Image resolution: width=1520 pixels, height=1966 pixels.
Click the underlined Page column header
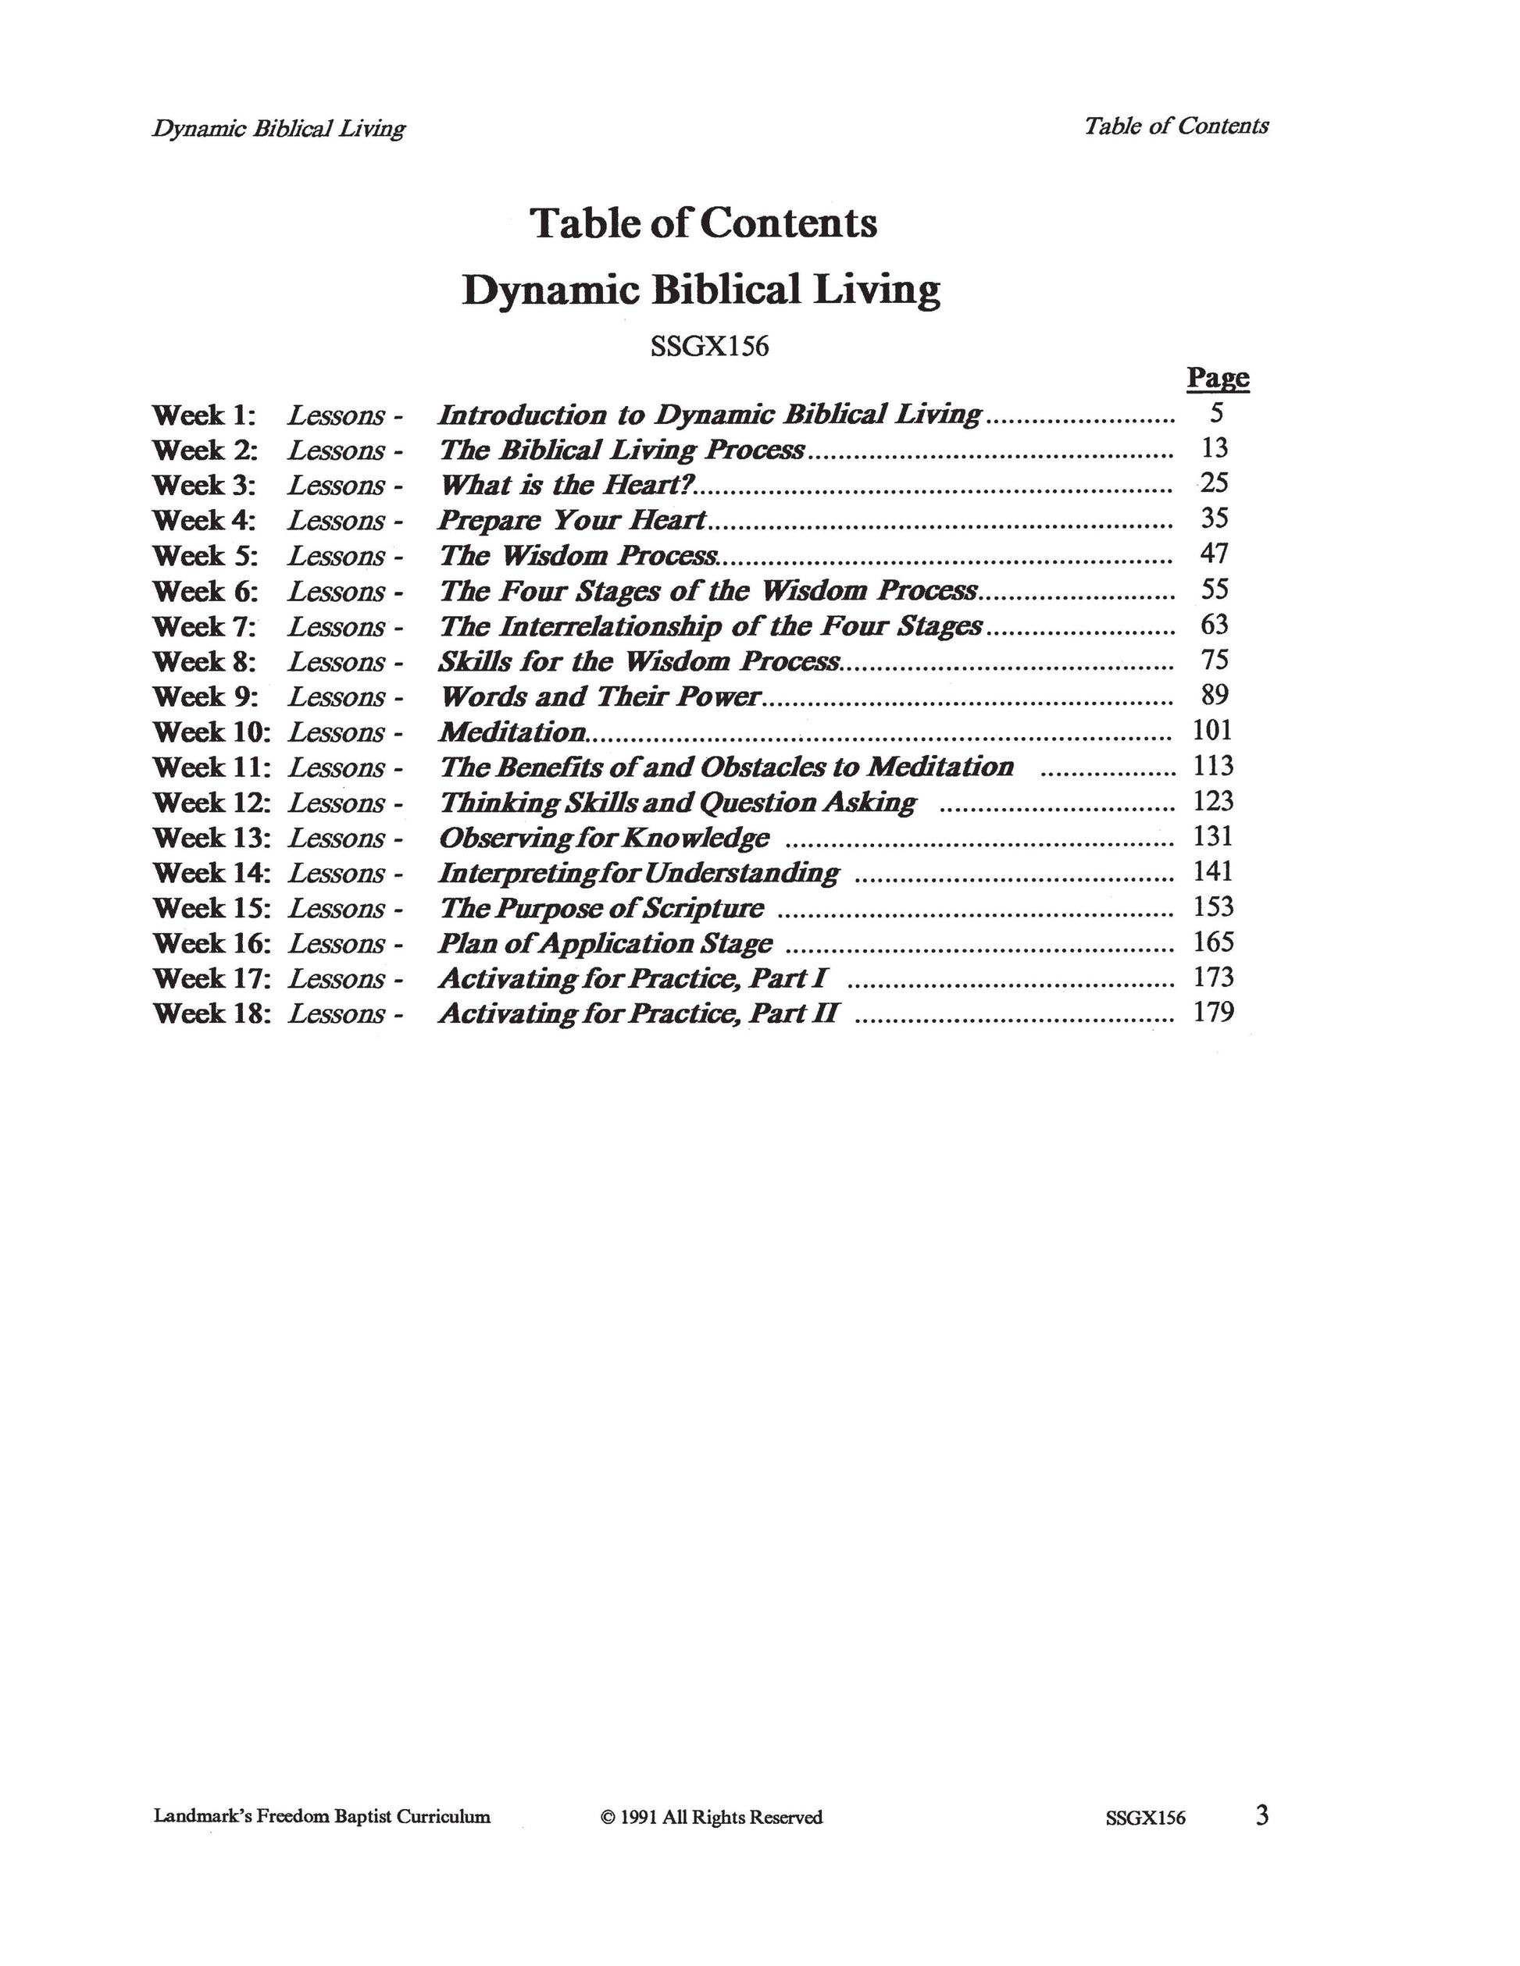pos(1218,378)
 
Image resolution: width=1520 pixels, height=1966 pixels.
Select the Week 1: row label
pos(205,416)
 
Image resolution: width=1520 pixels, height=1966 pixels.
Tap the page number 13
pos(1215,447)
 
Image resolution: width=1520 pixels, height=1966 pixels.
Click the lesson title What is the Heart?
pos(567,485)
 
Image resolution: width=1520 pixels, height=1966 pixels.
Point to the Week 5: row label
pos(205,557)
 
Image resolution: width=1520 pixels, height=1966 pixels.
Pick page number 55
pos(1215,589)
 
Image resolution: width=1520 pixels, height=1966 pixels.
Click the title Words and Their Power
pos(600,696)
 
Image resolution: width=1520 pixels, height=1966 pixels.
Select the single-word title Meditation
pos(513,732)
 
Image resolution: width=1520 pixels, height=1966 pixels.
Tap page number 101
pos(1212,730)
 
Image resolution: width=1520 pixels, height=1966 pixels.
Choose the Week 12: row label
pos(212,803)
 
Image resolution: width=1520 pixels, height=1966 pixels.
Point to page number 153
pos(1213,906)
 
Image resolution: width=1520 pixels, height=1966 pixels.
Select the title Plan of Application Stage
pos(605,943)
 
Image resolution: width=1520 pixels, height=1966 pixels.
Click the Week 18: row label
pos(212,1013)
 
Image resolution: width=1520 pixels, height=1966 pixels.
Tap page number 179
pos(1213,1013)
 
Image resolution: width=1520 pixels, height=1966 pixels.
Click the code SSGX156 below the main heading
pos(709,347)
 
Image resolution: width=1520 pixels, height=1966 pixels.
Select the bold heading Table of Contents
pos(703,223)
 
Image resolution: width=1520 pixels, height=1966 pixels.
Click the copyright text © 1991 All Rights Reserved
pos(712,1818)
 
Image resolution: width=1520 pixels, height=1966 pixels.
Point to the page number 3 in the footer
pos(1261,1815)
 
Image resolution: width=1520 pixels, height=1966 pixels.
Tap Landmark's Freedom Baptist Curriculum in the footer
pos(323,1818)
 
